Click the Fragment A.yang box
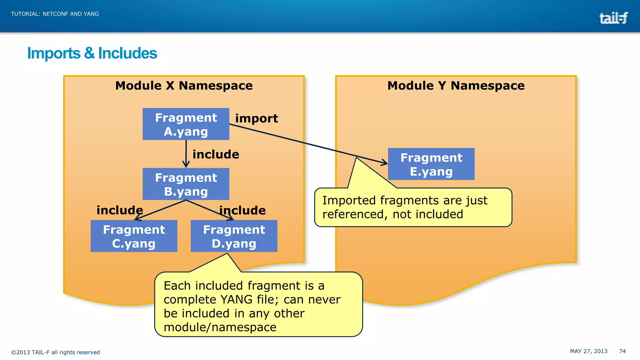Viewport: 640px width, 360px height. point(186,124)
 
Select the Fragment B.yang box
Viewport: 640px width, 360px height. point(186,184)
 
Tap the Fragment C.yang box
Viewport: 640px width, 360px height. point(134,236)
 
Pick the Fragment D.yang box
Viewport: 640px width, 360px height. point(234,236)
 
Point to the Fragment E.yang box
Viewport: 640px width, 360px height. point(431,164)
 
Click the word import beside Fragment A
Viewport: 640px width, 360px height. point(257,118)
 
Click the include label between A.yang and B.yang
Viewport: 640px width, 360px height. point(216,154)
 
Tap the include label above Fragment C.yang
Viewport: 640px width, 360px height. point(120,210)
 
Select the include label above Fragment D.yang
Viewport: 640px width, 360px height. point(242,210)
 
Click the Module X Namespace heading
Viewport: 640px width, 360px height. point(184,86)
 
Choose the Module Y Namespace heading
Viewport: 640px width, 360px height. point(456,86)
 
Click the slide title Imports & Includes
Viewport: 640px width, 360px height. point(92,53)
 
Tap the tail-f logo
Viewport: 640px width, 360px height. point(613,18)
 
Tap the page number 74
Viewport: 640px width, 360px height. point(622,351)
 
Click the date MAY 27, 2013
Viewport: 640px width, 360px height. point(588,351)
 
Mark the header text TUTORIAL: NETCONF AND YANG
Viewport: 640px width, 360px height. point(55,14)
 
